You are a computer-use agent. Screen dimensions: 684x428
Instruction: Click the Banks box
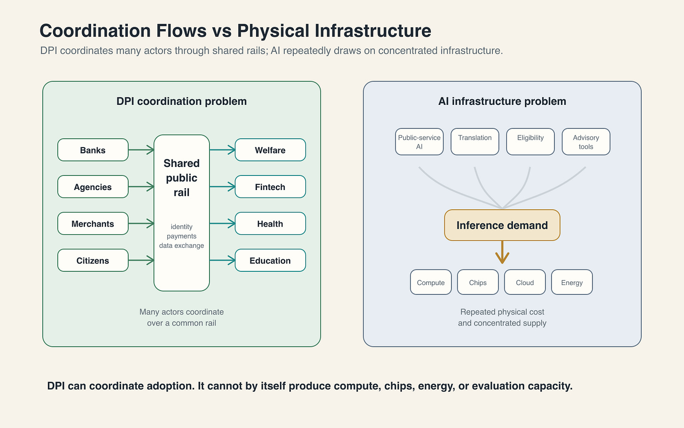click(x=93, y=150)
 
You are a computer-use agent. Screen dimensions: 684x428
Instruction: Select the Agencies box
click(x=93, y=187)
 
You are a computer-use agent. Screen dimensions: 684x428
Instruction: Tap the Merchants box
click(x=93, y=223)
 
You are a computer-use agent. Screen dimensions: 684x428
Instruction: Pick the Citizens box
click(x=93, y=261)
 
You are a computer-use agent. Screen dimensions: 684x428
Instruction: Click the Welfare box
click(x=270, y=150)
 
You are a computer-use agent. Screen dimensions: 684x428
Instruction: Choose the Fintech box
click(x=270, y=187)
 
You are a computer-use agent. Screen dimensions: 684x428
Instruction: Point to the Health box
click(x=270, y=223)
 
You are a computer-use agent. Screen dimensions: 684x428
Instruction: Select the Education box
click(x=270, y=261)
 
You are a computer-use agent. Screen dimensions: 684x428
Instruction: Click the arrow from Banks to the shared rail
click(x=141, y=150)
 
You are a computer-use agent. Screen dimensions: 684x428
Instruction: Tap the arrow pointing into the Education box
click(x=222, y=261)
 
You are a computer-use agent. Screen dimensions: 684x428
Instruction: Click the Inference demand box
click(x=502, y=225)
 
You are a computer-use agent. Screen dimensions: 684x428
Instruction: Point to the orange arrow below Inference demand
click(x=502, y=252)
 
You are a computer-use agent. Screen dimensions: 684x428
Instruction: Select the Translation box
click(x=475, y=142)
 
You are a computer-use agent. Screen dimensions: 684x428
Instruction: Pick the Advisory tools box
click(x=586, y=142)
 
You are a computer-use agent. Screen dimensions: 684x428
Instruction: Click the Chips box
click(x=478, y=282)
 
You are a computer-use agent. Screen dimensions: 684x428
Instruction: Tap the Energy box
click(x=572, y=282)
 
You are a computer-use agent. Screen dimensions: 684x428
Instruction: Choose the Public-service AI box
click(x=419, y=142)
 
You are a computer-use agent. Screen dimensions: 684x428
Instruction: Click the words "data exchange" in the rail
click(x=182, y=246)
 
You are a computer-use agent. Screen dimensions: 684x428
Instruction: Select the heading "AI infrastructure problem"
click(x=502, y=101)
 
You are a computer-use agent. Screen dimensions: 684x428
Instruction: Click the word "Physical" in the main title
click(x=273, y=31)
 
